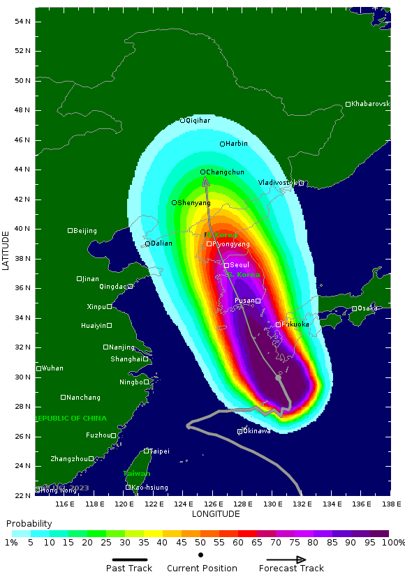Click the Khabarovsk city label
point(370,104)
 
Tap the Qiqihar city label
point(198,121)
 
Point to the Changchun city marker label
point(225,172)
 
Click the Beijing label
point(85,231)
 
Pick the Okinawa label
point(256,431)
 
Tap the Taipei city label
point(159,451)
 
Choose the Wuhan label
point(52,368)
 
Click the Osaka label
point(367,308)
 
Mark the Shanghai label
point(126,359)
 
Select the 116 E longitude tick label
point(65,503)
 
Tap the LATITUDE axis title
point(6,252)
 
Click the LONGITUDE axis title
point(216,514)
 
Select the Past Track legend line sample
point(130,559)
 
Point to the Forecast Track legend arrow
point(286,559)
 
